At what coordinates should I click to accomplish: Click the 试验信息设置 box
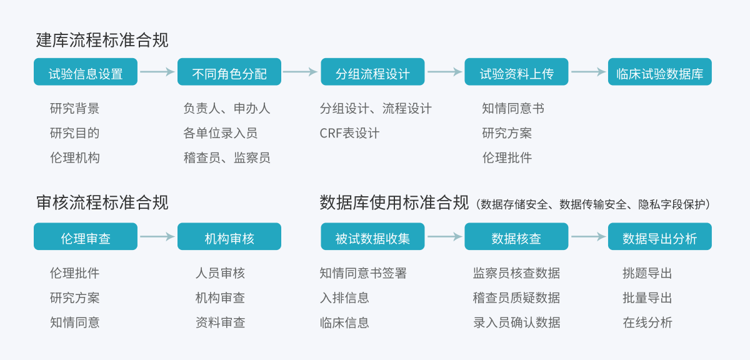[86, 72]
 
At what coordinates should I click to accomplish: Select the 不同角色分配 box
[229, 72]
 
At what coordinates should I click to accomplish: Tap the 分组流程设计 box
[372, 72]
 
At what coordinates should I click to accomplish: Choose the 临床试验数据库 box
[659, 72]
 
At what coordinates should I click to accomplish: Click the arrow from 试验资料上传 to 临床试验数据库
[588, 72]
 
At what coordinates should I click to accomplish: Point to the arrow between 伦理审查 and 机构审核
[157, 237]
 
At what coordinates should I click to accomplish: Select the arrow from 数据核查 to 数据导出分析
[588, 237]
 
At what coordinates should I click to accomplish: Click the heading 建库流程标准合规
[102, 41]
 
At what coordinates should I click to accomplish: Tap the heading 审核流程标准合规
[102, 202]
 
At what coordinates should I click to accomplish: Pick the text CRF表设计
[349, 133]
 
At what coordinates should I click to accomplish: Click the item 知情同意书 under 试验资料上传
[513, 109]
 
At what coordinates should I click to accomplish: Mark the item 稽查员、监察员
[227, 158]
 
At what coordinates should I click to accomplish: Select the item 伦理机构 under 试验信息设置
[74, 158]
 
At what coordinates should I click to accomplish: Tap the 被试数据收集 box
[372, 237]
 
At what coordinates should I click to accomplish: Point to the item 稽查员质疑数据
[516, 298]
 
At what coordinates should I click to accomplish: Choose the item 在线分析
[647, 322]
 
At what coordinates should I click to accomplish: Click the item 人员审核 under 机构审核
[220, 273]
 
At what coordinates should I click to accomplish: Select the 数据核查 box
[516, 237]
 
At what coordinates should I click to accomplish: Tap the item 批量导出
[647, 298]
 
